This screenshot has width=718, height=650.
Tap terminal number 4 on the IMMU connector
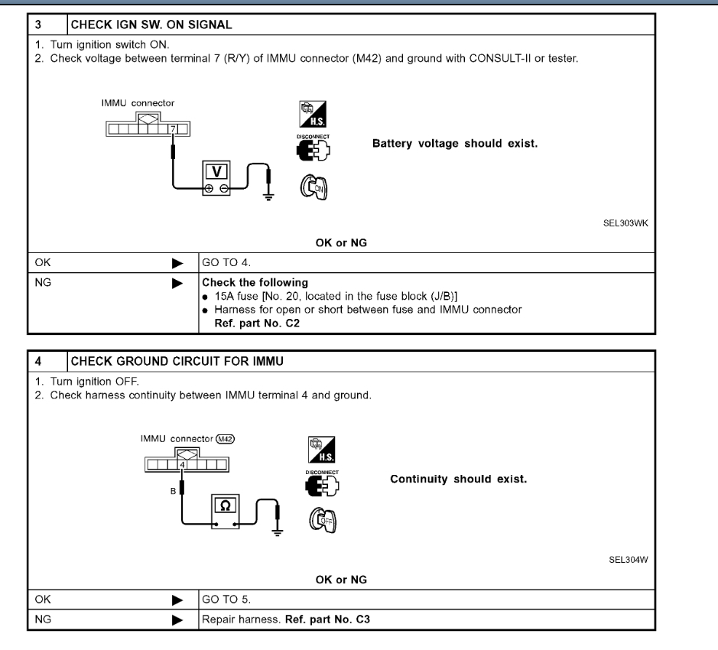(x=183, y=464)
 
